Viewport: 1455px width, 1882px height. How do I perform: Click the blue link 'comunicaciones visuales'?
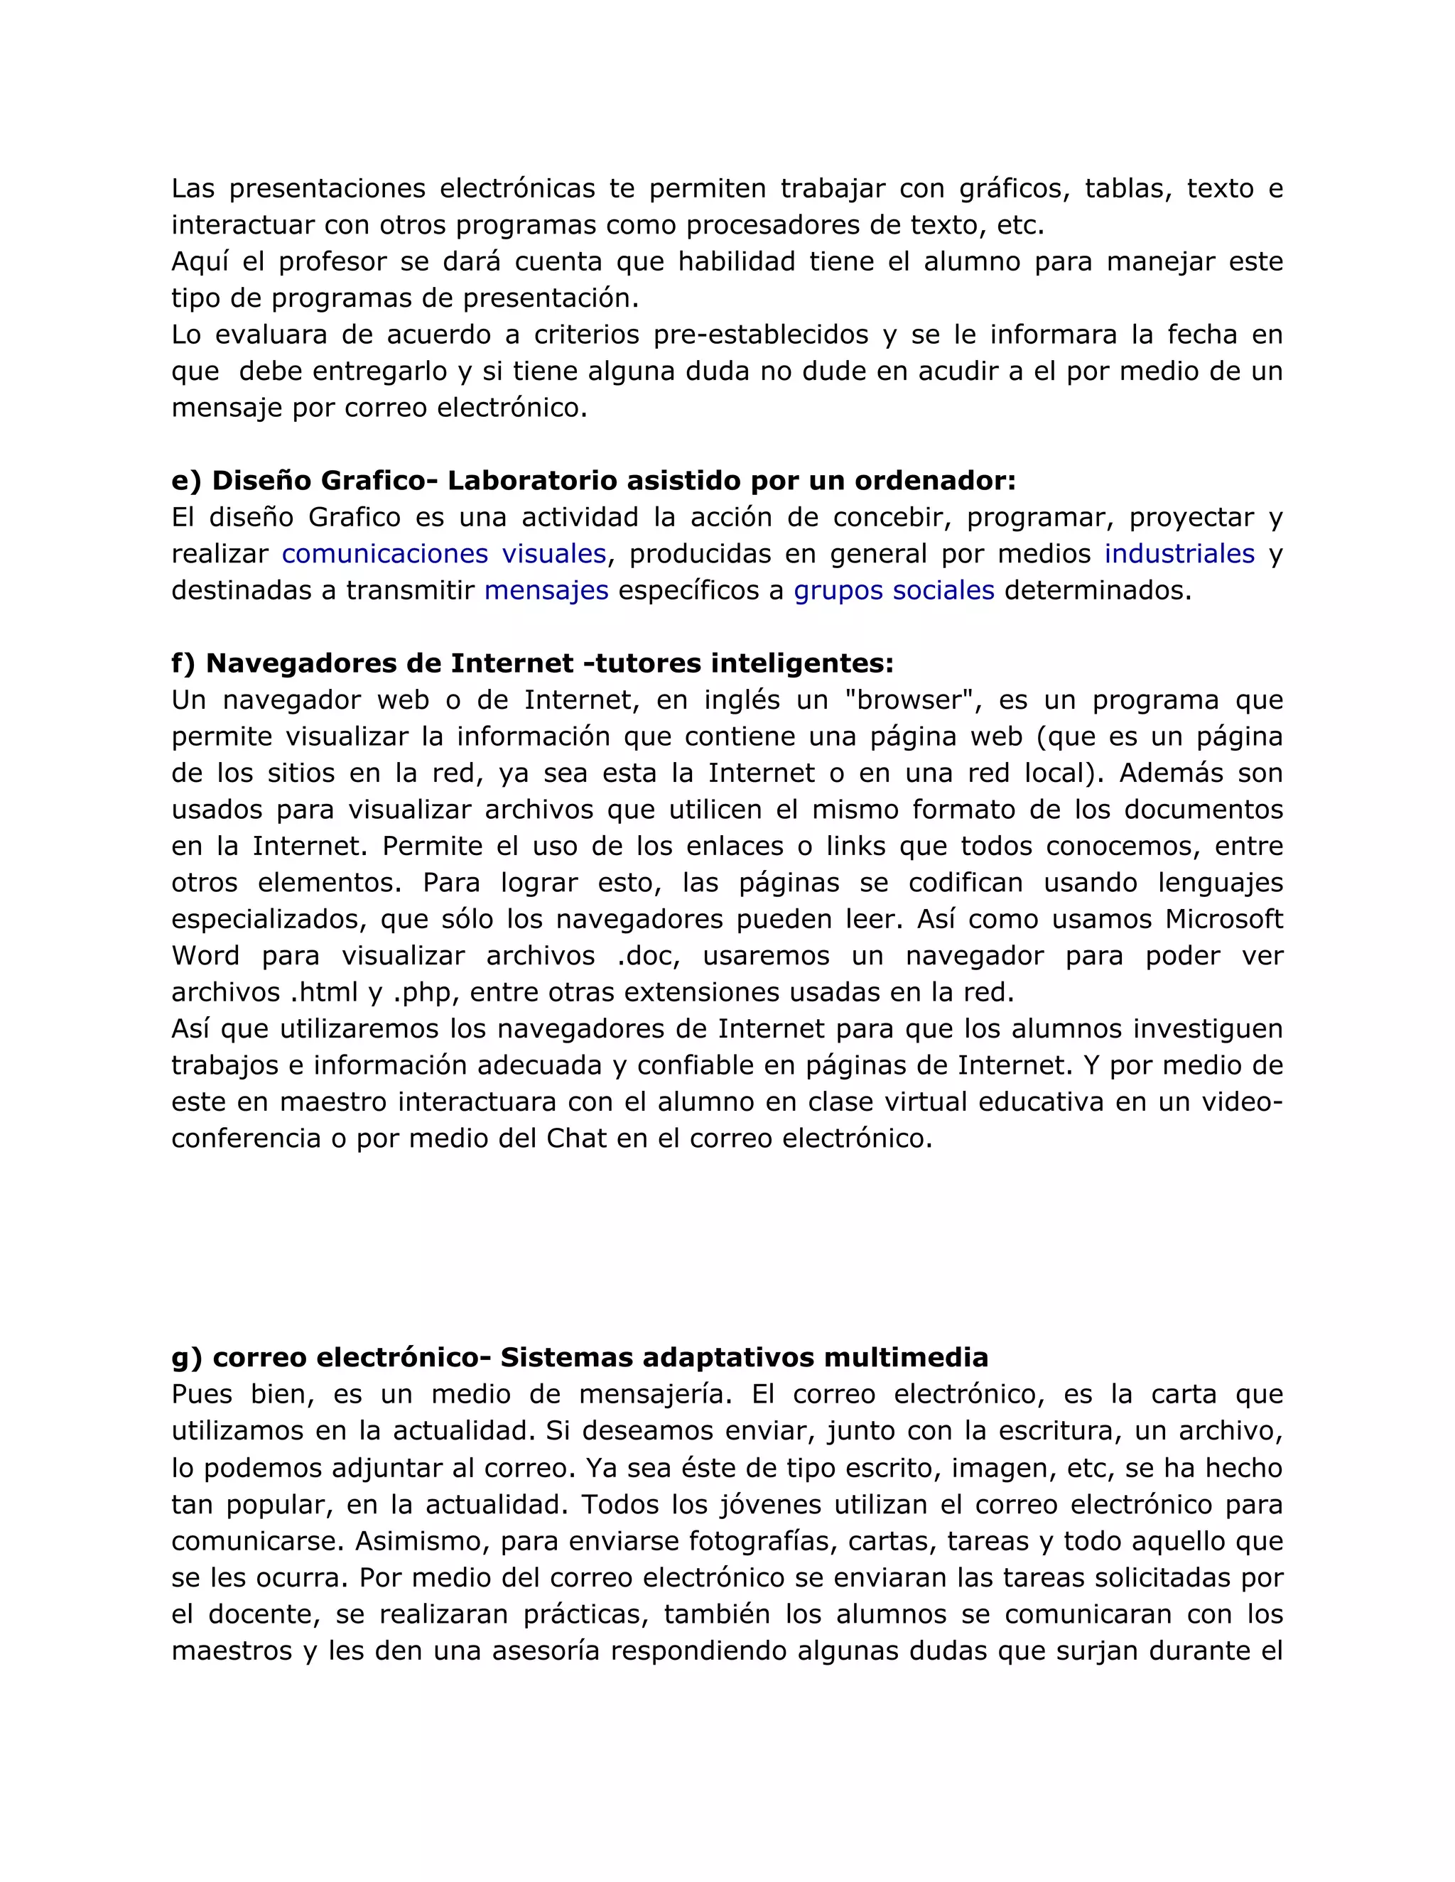tap(444, 554)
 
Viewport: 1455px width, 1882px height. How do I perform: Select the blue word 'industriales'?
tap(1179, 554)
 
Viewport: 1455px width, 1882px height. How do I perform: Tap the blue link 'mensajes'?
tap(546, 591)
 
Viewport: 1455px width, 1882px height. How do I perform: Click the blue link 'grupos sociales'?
tap(893, 591)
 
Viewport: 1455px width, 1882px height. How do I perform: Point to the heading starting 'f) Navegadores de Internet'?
tap(532, 663)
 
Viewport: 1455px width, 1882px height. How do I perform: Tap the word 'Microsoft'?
tap(1224, 920)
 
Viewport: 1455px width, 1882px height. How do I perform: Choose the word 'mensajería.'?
tap(656, 1394)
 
